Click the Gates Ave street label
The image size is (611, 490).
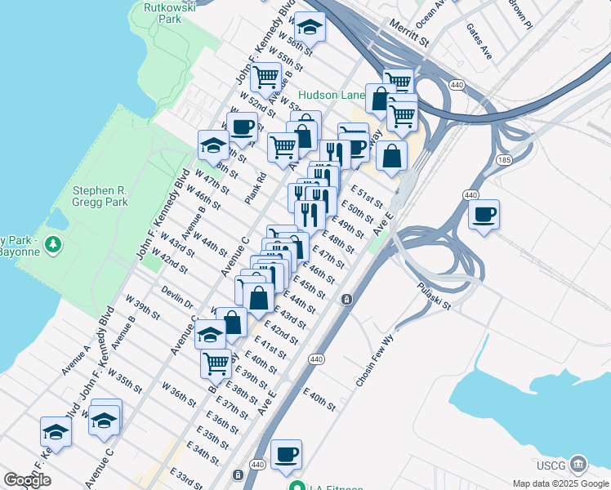(x=479, y=41)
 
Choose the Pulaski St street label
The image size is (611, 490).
(x=434, y=296)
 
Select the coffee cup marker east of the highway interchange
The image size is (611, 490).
(x=484, y=215)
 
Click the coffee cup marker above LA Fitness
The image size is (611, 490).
(x=286, y=454)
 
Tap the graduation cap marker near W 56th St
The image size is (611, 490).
(x=310, y=28)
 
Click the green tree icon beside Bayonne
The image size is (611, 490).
(x=53, y=243)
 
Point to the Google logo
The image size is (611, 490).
(x=27, y=480)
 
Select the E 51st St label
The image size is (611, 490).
(x=367, y=197)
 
